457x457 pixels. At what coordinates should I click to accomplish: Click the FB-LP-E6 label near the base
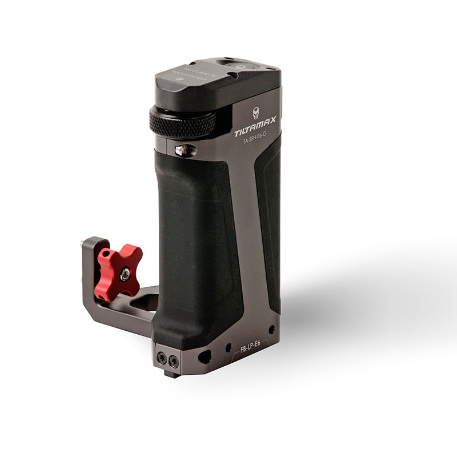point(250,348)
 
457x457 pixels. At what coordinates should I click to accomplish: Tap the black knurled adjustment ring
point(182,121)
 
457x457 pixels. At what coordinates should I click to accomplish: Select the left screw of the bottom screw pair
point(161,358)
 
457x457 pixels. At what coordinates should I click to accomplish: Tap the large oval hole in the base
point(205,356)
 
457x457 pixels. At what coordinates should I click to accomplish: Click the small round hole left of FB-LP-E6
point(228,347)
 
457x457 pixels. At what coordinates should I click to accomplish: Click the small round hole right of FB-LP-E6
point(271,330)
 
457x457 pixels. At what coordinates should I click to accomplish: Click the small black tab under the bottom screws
point(169,374)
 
